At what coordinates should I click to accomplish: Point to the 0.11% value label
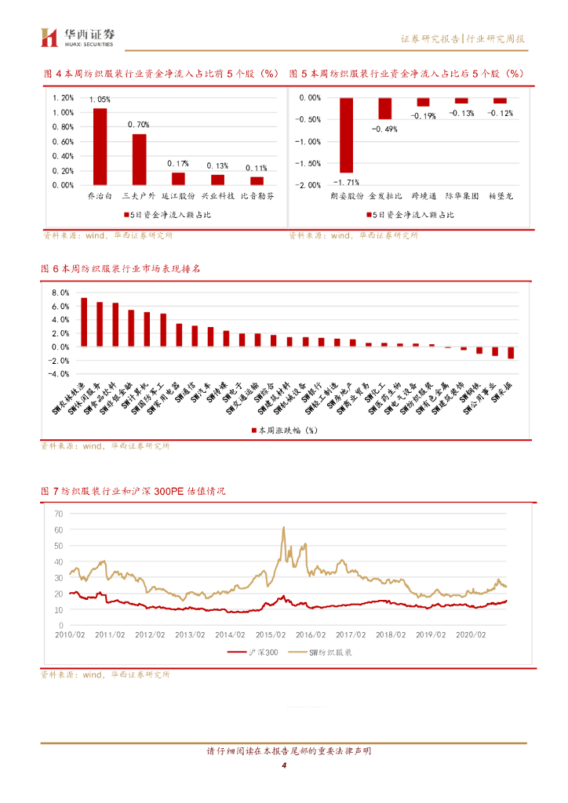coord(257,168)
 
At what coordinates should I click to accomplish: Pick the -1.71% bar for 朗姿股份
coord(346,135)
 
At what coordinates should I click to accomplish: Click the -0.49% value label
coord(385,129)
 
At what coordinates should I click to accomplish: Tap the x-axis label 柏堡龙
coord(501,194)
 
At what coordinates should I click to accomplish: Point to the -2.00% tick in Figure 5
coord(311,185)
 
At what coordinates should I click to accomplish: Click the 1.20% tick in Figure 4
coord(63,98)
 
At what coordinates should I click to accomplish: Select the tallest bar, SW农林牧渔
coord(84,322)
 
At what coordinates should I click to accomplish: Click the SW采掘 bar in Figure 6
coord(511,352)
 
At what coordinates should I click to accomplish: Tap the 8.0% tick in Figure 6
coord(61,292)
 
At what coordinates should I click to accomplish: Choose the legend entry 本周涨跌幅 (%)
coord(283,431)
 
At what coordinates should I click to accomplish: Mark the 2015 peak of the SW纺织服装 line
coord(283,528)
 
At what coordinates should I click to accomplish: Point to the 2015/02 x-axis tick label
coord(270,634)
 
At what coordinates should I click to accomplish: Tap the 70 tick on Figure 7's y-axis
coord(58,514)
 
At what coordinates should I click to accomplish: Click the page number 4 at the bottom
coord(284,766)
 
